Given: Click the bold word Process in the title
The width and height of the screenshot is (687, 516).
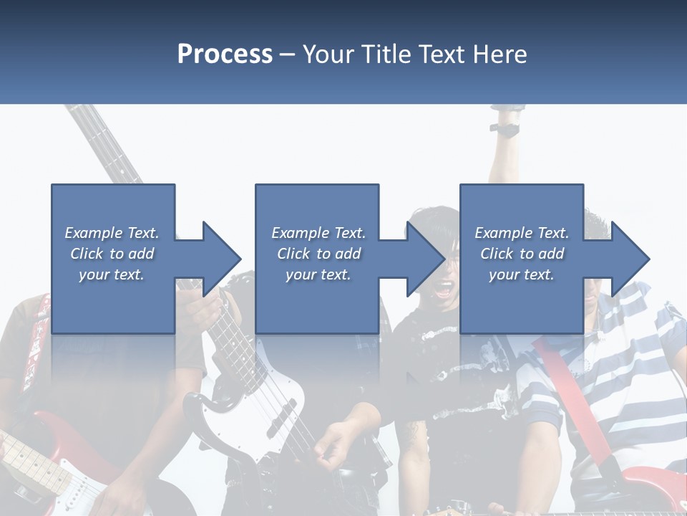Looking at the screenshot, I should pyautogui.click(x=225, y=54).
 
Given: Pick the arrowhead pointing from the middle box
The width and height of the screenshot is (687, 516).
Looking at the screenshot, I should pyautogui.click(x=425, y=259).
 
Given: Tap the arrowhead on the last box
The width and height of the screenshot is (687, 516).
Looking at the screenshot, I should pyautogui.click(x=630, y=259).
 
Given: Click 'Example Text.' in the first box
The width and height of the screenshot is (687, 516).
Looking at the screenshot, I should pyautogui.click(x=112, y=233).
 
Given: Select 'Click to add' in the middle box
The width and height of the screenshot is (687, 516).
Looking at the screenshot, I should pyautogui.click(x=318, y=254).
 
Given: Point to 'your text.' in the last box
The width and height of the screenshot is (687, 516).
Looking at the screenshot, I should pyautogui.click(x=522, y=274).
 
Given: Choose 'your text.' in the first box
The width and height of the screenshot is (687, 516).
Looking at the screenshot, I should pyautogui.click(x=112, y=274).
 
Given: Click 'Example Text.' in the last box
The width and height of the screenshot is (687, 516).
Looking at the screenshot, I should pyautogui.click(x=522, y=233).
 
